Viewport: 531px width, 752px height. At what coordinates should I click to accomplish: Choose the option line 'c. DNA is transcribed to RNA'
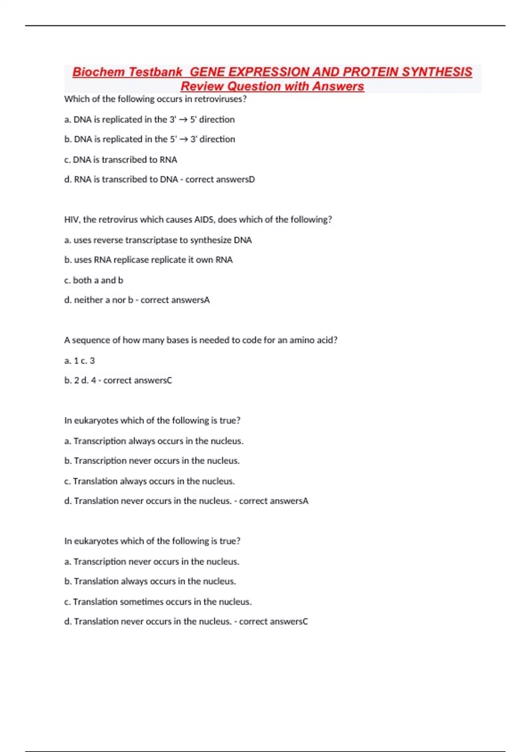tap(120, 160)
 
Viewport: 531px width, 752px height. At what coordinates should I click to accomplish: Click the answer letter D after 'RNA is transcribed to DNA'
tap(252, 180)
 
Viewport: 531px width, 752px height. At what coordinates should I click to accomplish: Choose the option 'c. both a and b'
tap(93, 280)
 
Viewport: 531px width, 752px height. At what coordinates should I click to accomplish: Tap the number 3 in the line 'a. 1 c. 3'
tap(92, 361)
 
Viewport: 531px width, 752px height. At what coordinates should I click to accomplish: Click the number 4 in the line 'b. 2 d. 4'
tap(93, 380)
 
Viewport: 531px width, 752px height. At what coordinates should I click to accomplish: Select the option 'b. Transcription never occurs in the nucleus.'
tap(152, 461)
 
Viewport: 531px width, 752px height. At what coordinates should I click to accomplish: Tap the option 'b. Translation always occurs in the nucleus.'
tap(150, 581)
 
